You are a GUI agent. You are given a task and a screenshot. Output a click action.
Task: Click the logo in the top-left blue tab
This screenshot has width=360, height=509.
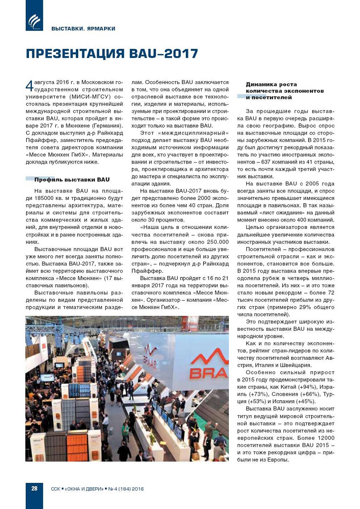pos(34,21)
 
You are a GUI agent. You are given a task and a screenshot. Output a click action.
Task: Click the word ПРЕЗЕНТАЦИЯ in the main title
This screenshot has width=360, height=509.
pos(76,54)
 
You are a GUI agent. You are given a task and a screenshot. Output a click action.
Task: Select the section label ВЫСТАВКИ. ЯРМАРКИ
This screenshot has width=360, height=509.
pos(83,29)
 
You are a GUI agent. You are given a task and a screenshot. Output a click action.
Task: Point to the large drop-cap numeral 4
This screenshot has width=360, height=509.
pos(29,86)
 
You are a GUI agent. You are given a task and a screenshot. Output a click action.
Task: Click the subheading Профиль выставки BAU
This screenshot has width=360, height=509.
pos(72,180)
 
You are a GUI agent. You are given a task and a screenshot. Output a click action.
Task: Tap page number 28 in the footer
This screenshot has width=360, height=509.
pos(34,488)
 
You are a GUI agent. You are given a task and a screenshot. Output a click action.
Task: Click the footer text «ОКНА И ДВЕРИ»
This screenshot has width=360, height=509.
pos(84,489)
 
